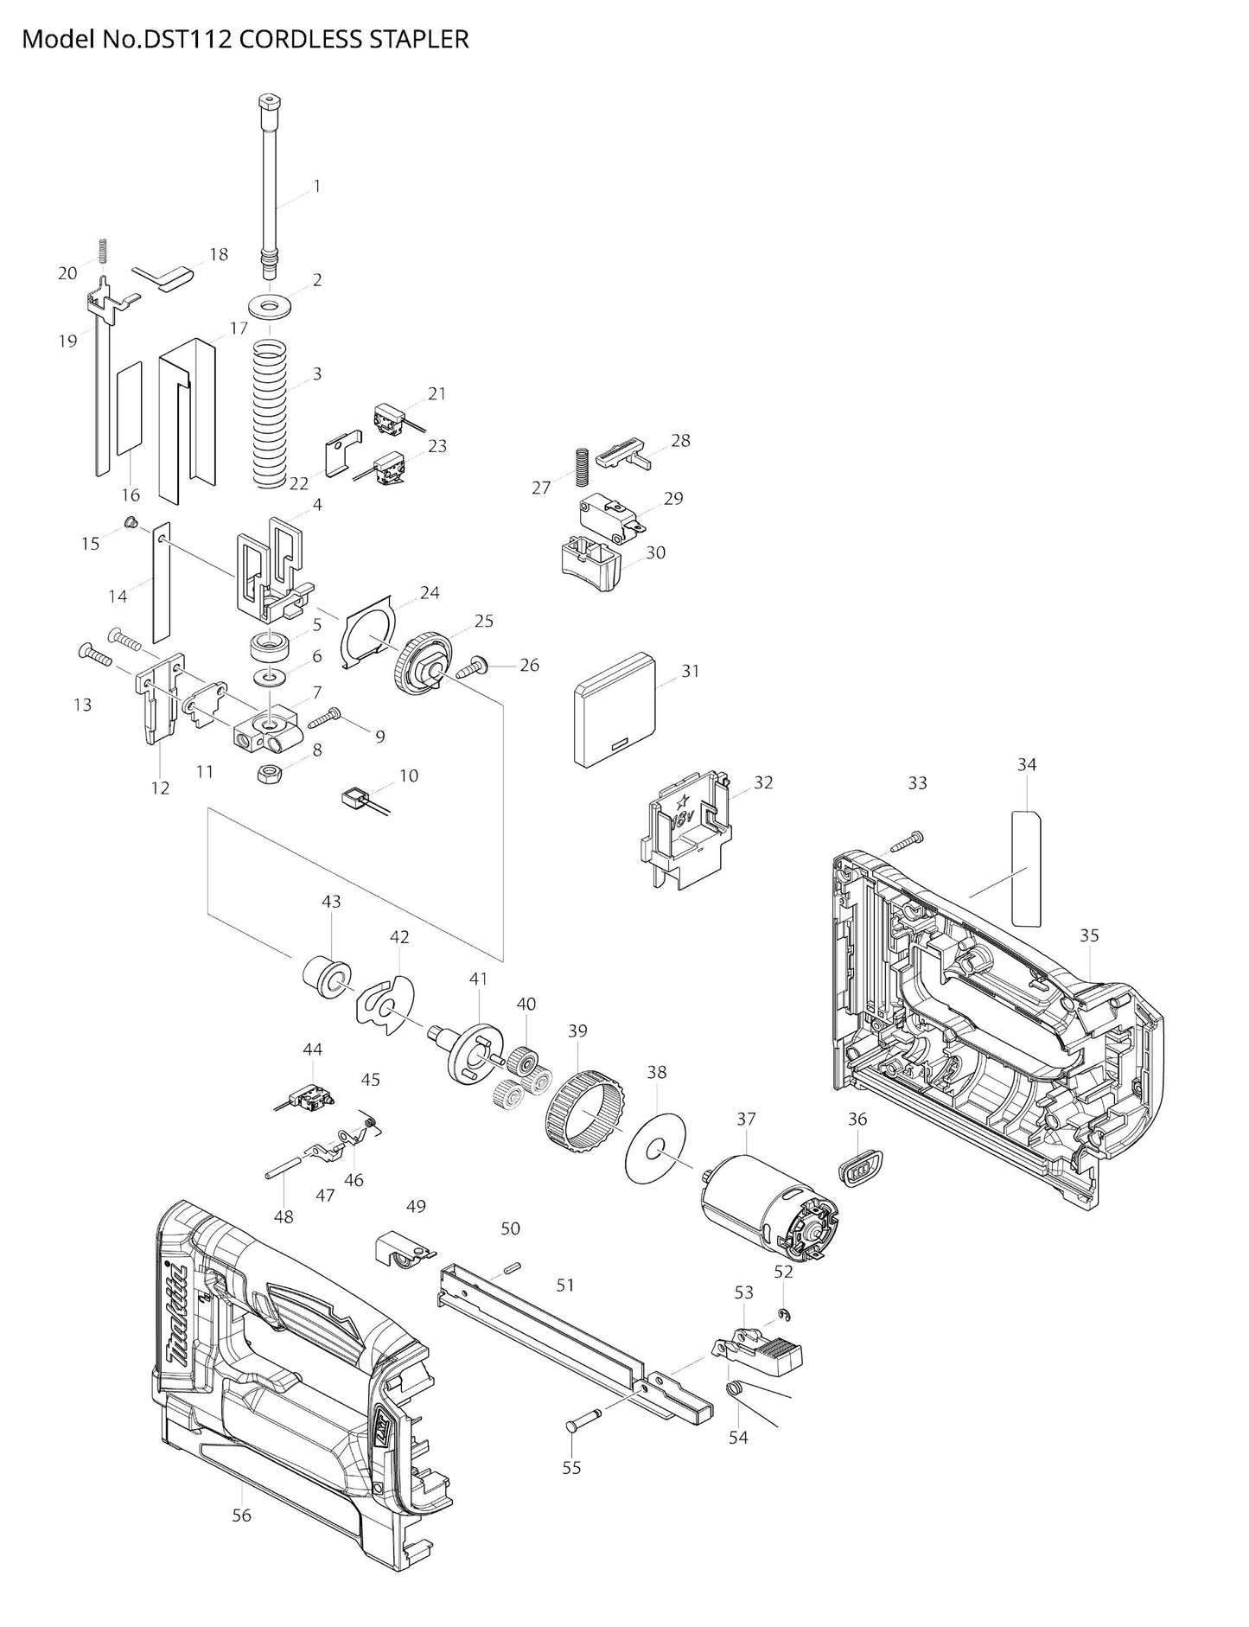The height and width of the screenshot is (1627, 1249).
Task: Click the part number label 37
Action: [x=745, y=1120]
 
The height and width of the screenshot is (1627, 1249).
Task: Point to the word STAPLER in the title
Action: [x=423, y=39]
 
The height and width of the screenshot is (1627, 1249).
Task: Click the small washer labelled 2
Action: [x=269, y=305]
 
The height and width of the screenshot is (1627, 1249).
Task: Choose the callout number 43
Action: [x=331, y=901]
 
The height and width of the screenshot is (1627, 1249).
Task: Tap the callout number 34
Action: [x=1026, y=764]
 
